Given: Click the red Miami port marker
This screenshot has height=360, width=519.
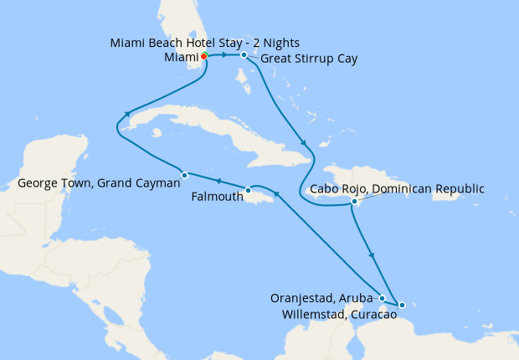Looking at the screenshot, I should coord(203,56).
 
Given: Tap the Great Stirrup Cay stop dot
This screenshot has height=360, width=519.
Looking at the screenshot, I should coord(244,55).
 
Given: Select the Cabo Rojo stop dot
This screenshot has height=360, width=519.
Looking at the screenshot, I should coord(355,202).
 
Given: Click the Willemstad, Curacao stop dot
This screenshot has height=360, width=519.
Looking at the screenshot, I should coord(401,305).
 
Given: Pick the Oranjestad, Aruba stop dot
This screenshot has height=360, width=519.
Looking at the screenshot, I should coord(383,298).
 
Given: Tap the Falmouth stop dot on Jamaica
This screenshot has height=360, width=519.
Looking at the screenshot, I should coord(248,191).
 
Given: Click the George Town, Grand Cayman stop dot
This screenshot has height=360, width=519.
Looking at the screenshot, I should coord(184,174).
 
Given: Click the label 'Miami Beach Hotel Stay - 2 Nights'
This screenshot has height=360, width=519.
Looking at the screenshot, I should coord(204,43).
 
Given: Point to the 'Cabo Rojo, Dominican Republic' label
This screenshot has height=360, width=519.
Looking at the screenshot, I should coord(397,188).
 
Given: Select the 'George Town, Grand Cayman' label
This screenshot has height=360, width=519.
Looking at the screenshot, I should coord(99,182).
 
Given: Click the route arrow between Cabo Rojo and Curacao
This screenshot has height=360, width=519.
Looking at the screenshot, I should coord(372,255).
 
